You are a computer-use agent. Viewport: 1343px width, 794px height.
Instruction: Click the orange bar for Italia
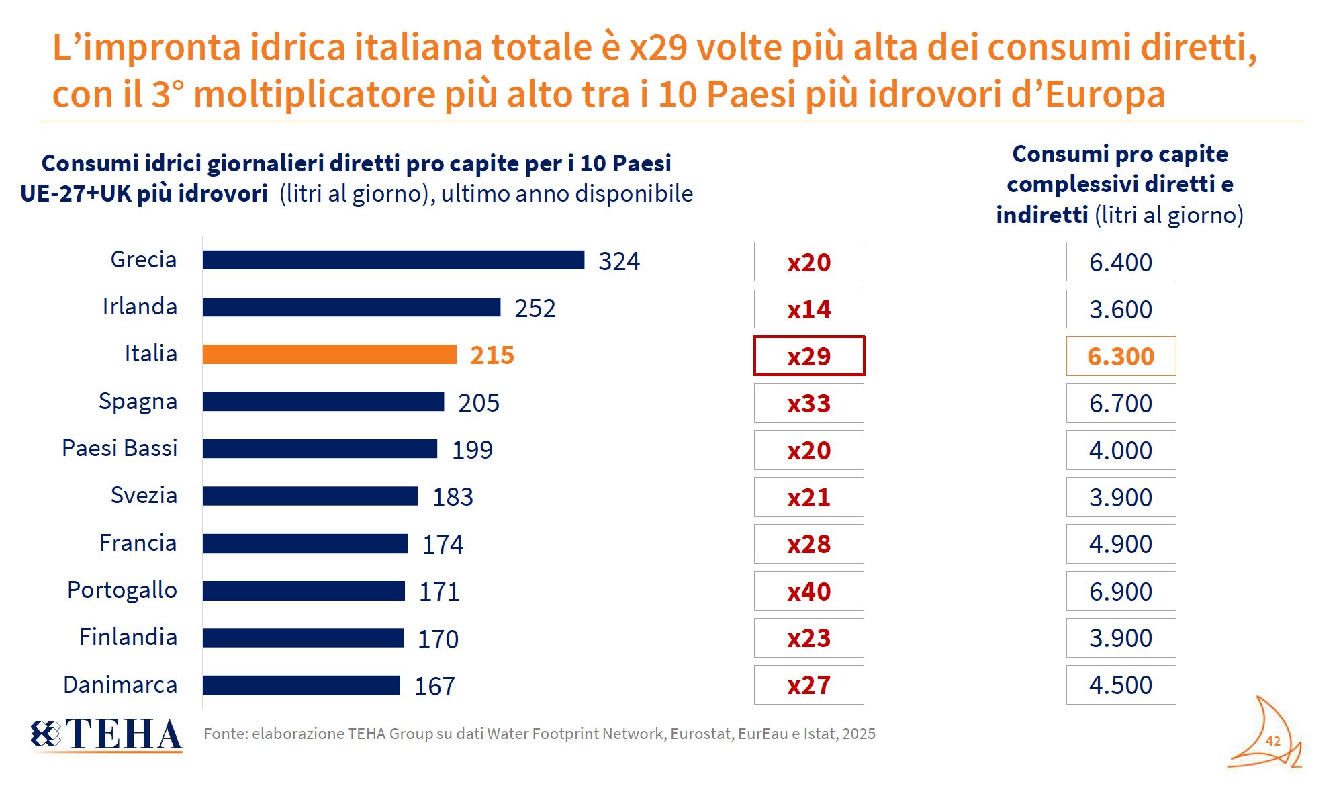click(329, 355)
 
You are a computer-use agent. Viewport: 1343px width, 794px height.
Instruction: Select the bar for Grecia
click(393, 260)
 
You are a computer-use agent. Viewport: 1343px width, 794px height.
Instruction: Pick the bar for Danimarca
click(302, 685)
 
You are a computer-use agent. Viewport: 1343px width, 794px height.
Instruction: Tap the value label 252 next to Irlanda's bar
click(535, 308)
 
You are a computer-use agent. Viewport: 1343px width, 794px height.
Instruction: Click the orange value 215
click(492, 355)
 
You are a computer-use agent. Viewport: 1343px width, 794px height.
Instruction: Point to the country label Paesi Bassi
click(120, 448)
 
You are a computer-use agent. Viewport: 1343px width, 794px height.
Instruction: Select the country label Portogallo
click(122, 590)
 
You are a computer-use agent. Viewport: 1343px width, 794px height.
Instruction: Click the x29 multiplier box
click(809, 355)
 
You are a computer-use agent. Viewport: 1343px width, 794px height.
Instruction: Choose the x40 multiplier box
click(809, 591)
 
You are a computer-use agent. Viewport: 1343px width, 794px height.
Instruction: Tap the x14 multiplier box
click(809, 309)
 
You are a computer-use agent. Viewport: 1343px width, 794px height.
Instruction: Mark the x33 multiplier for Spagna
click(809, 403)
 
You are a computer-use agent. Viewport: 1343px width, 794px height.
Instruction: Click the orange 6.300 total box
click(1121, 355)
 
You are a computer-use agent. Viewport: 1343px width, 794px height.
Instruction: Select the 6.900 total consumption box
click(1121, 591)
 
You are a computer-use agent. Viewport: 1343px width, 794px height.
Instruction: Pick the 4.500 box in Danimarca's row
click(1121, 685)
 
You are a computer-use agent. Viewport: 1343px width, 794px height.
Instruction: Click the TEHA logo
click(106, 734)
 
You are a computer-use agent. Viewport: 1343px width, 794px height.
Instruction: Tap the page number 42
click(1272, 741)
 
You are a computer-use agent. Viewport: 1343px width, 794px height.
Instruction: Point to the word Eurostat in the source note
click(701, 734)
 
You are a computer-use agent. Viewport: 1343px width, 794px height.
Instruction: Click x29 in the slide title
click(658, 48)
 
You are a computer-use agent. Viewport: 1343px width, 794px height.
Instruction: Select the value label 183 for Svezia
click(453, 497)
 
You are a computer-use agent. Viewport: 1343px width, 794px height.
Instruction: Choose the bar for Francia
click(305, 543)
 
